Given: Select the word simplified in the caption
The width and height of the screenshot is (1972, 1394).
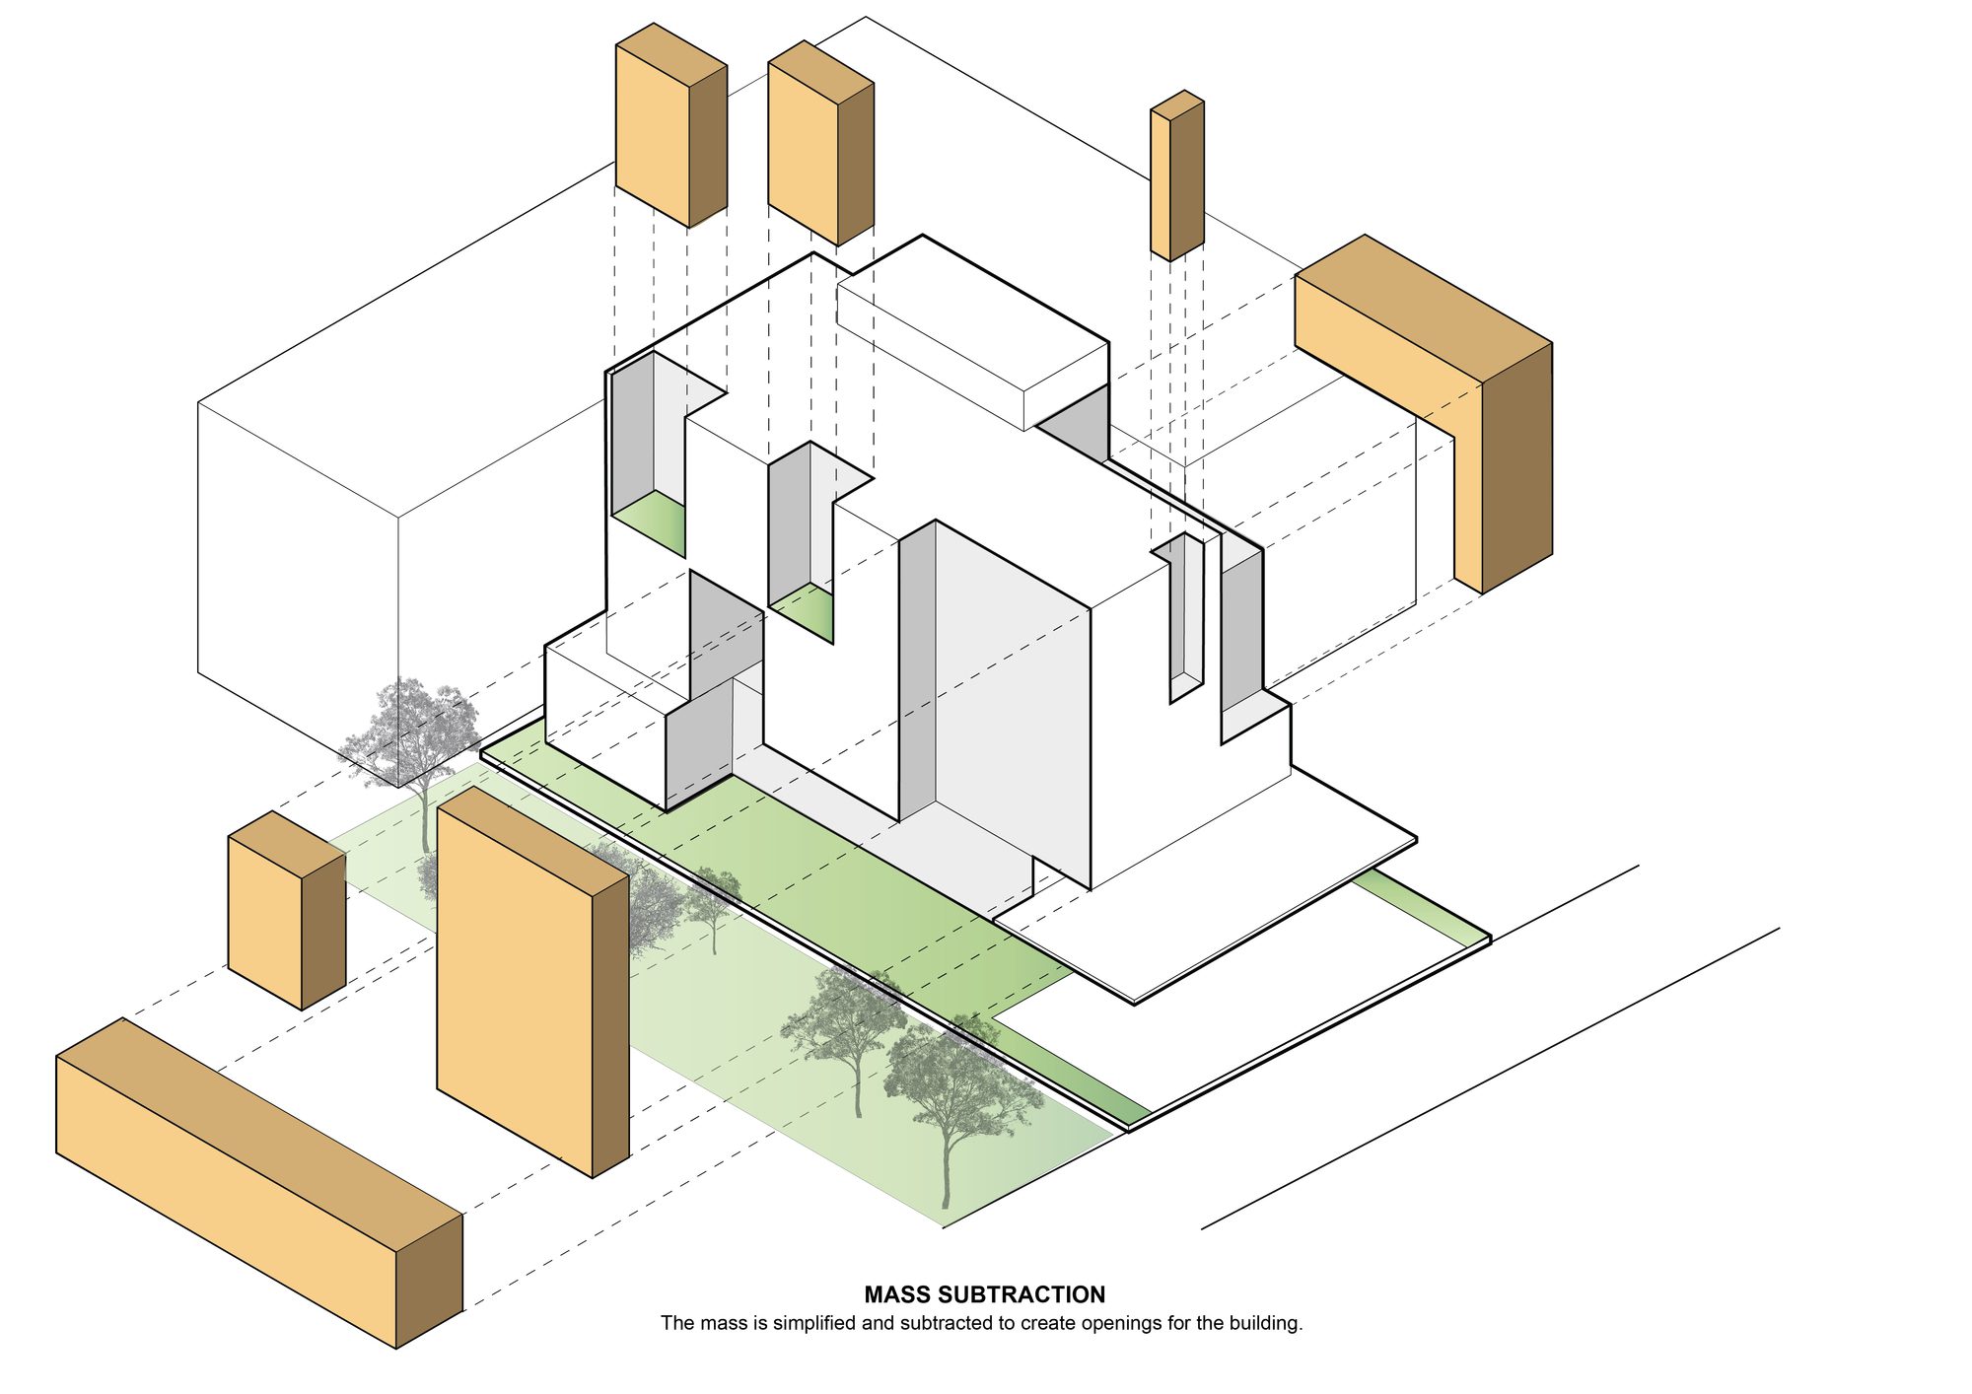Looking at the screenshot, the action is [814, 1323].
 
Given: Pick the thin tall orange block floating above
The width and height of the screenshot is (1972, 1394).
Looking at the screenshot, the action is [1177, 175].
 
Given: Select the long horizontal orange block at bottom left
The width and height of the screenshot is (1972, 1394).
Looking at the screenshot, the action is [259, 1183].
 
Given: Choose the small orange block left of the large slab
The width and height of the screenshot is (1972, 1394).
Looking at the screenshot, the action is [286, 910].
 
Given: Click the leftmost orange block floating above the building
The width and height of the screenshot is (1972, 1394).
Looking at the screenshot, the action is [670, 125].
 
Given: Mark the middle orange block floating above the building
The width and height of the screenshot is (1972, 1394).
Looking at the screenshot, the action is [820, 143].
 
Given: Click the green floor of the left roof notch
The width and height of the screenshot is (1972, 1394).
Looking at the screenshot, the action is [651, 523].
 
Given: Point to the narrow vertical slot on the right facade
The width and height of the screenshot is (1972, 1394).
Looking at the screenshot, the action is [1186, 616].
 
